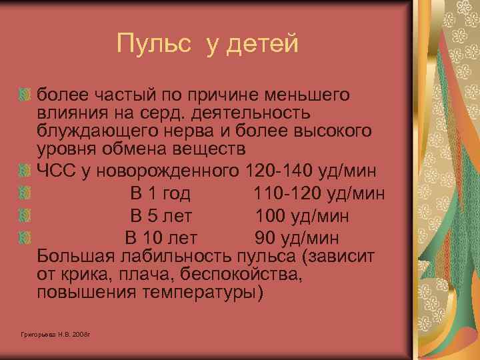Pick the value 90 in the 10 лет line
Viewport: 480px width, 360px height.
265,238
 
